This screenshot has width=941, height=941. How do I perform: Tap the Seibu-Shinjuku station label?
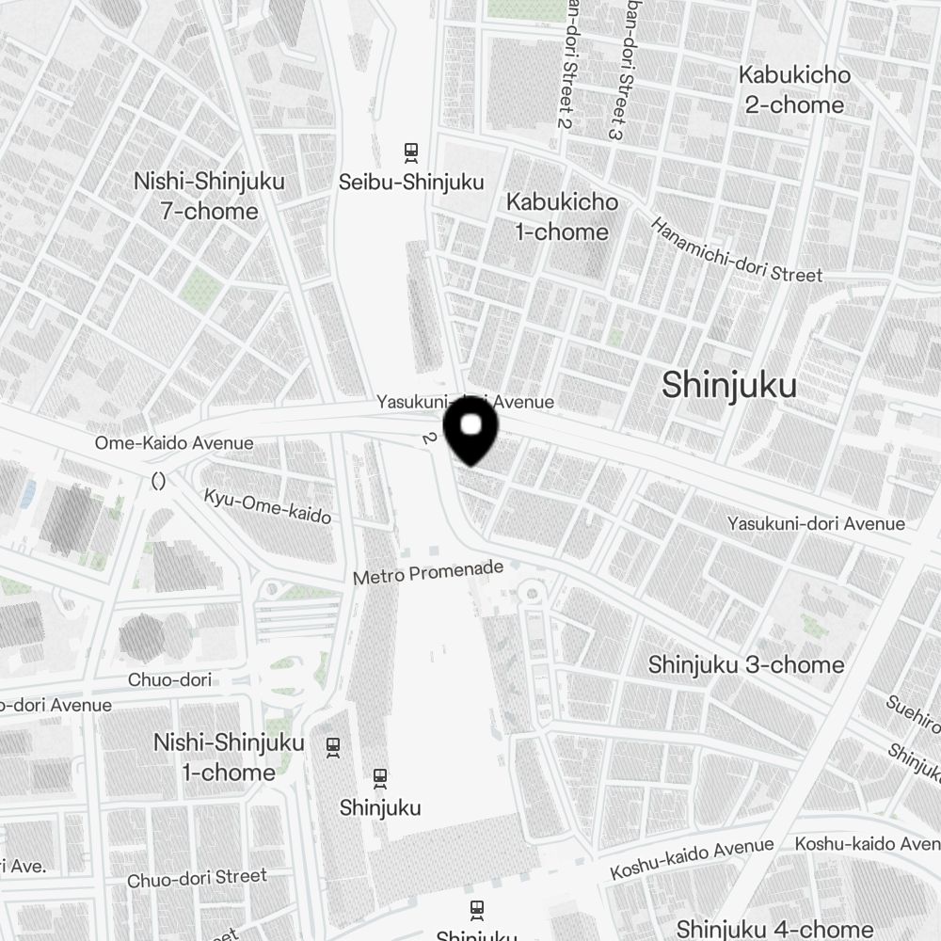click(411, 182)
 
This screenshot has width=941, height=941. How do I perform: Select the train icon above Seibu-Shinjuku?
click(410, 151)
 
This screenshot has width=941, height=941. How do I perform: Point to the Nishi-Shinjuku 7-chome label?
click(209, 196)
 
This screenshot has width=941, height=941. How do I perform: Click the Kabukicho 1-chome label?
click(562, 216)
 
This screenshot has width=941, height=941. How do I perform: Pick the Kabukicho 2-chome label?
click(795, 89)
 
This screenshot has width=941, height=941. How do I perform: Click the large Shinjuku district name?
click(729, 385)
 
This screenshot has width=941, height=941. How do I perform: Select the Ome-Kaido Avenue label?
click(174, 442)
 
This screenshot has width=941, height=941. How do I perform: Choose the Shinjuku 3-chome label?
click(746, 664)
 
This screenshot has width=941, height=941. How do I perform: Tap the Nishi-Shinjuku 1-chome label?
click(229, 758)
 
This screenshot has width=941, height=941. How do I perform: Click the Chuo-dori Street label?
click(197, 878)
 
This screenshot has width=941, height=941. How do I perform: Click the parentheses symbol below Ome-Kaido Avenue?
click(158, 481)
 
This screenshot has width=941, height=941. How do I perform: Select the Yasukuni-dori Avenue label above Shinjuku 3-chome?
click(816, 523)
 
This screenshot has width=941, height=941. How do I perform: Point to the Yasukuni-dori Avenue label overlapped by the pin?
click(465, 402)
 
